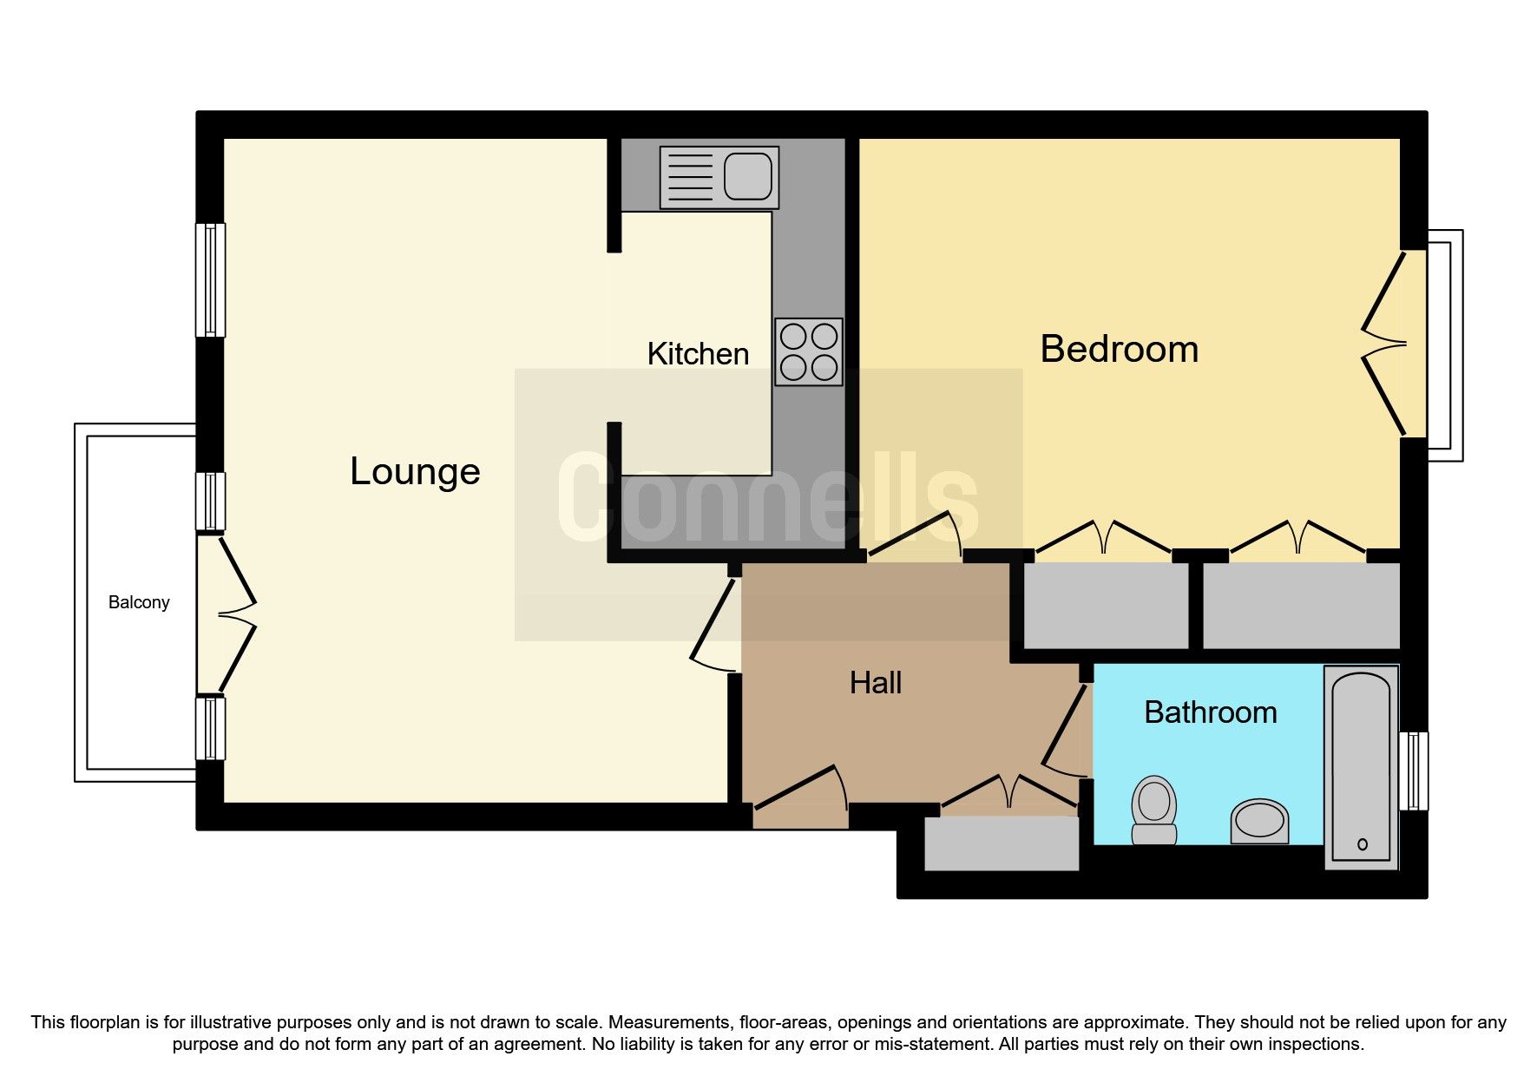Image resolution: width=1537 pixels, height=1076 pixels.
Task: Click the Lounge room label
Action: [415, 471]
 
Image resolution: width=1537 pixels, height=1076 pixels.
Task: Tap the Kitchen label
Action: [698, 354]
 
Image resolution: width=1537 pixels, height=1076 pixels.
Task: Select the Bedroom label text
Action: [1120, 349]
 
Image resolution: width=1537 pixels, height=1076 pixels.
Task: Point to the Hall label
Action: [876, 683]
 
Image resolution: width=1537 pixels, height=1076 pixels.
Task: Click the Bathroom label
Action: [1211, 712]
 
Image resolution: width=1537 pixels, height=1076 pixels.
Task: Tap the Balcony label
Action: [139, 602]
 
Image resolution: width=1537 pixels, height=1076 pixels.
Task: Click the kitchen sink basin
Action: [747, 177]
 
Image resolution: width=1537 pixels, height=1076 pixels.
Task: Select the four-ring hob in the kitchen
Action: [809, 351]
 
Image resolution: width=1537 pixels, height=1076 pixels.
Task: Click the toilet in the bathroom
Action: [1154, 810]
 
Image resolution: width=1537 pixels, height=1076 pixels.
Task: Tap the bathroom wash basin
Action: [1259, 821]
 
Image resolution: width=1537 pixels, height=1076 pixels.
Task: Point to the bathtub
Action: [1361, 767]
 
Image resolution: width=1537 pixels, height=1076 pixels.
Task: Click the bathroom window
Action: [1414, 771]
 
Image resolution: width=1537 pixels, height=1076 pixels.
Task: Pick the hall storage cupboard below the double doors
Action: [1002, 843]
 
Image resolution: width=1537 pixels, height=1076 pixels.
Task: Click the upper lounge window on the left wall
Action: [210, 279]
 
